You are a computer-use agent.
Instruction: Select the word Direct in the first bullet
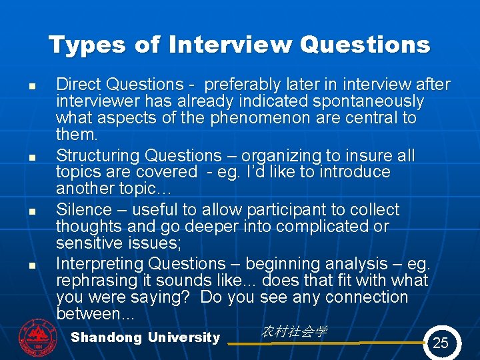[x=78, y=85]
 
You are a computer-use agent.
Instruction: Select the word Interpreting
[x=99, y=264]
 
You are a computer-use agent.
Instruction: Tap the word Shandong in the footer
[x=106, y=337]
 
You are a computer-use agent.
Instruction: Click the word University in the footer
[x=183, y=337]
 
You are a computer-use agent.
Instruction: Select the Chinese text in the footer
[x=294, y=331]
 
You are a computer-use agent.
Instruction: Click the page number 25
[x=441, y=343]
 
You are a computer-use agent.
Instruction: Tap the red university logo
[x=38, y=335]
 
